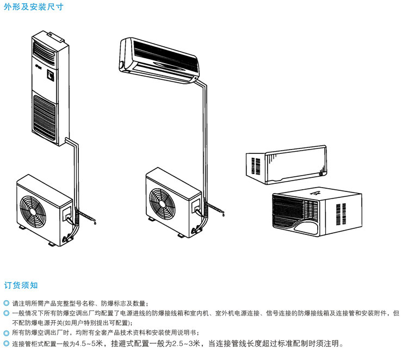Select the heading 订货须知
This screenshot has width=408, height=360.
click(21, 285)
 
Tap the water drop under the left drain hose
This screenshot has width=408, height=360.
click(96, 222)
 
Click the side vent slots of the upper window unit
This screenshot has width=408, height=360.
click(254, 166)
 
